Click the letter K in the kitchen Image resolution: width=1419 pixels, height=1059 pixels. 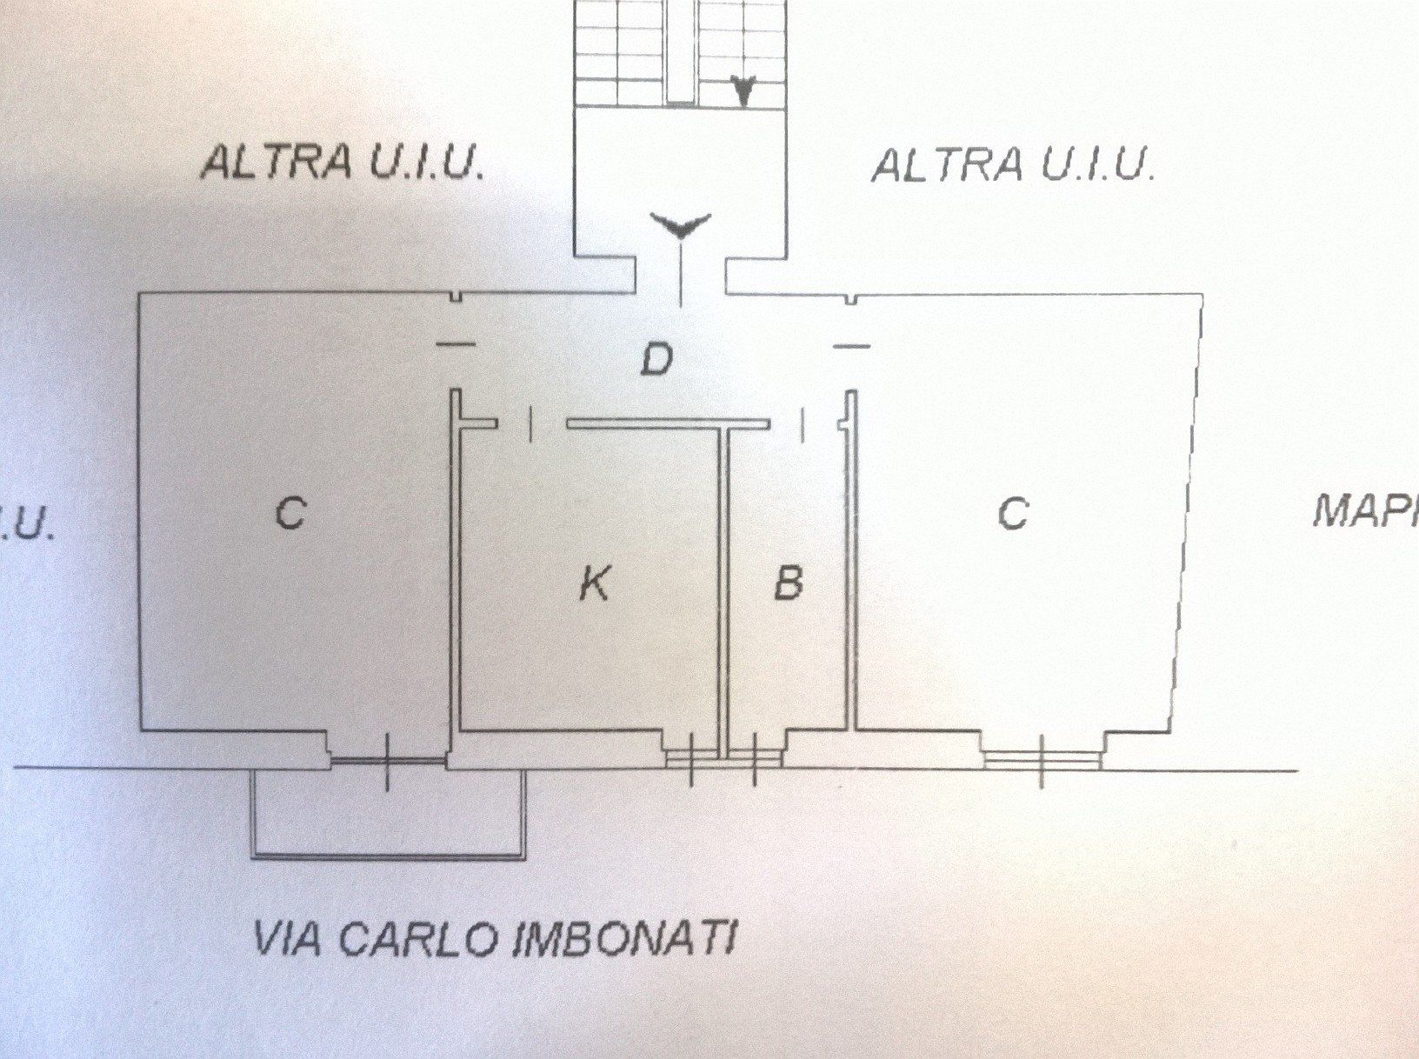pyautogui.click(x=594, y=583)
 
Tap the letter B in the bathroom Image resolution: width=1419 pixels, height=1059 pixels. pyautogui.click(x=788, y=583)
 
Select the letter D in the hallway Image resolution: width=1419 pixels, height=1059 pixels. pyautogui.click(x=656, y=359)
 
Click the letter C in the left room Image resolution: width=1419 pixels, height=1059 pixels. pyautogui.click(x=290, y=513)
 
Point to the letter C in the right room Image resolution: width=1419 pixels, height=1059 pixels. pyautogui.click(x=1012, y=513)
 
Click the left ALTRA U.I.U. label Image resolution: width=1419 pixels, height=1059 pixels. pyautogui.click(x=342, y=163)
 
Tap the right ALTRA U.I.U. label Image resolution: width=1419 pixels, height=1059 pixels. pyautogui.click(x=1012, y=165)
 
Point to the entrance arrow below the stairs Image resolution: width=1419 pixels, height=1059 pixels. pyautogui.click(x=682, y=228)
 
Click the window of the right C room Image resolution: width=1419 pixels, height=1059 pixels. pyautogui.click(x=1043, y=758)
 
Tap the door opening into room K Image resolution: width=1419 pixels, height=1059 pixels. pyautogui.click(x=531, y=424)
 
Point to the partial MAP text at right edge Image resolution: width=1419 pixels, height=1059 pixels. pyautogui.click(x=1365, y=513)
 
